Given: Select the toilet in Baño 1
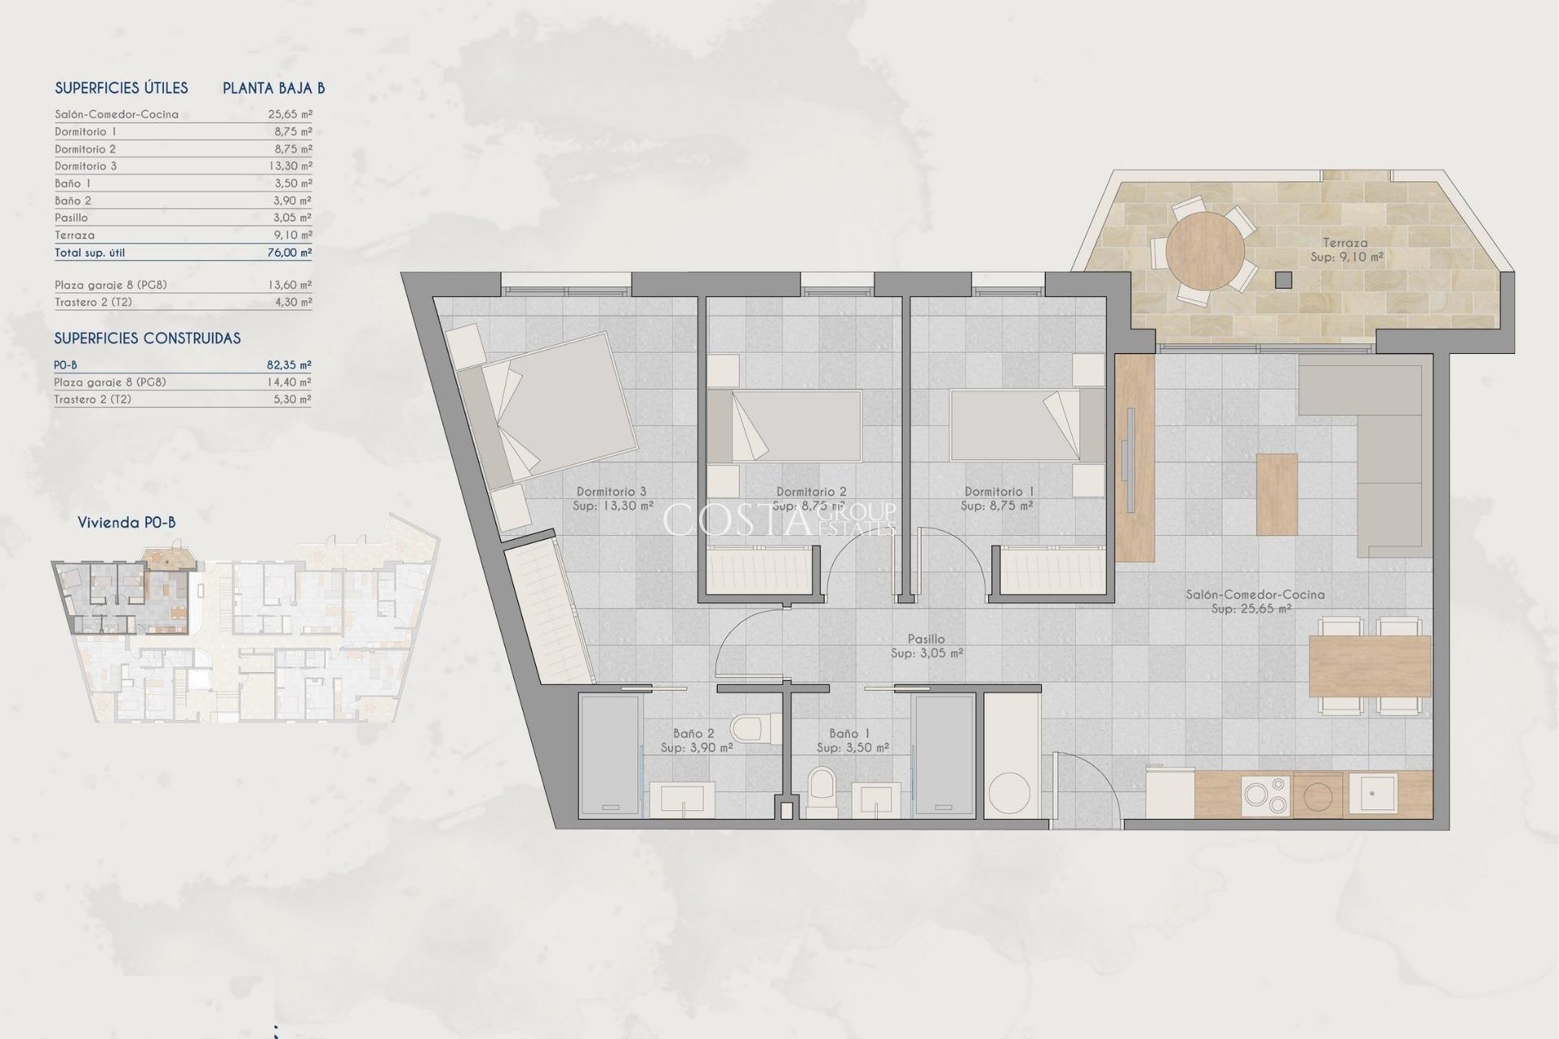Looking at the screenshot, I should [822, 791].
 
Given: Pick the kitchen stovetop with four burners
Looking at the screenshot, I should [1266, 795].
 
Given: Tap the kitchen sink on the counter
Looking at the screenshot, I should [1372, 792].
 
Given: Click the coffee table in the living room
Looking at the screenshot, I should [1276, 494].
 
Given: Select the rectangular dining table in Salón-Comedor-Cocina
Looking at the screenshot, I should [1369, 666].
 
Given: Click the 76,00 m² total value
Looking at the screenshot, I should [289, 252].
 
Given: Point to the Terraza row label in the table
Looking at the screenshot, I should [75, 235].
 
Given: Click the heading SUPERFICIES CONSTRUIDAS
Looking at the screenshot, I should [147, 338].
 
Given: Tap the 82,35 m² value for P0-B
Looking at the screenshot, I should [289, 365].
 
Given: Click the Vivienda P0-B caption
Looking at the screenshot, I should [127, 523].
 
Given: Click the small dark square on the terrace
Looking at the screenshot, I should [1283, 280].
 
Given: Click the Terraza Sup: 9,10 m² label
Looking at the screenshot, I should [1345, 249].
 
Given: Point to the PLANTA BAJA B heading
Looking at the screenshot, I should [274, 88].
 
